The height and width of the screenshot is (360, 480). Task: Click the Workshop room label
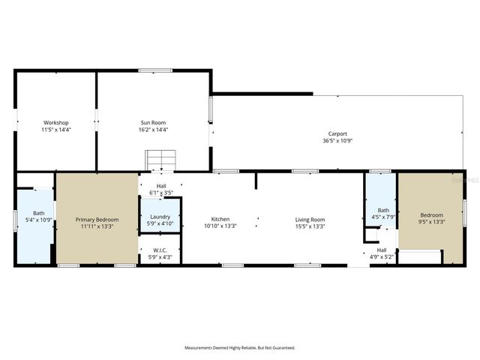tap(55, 122)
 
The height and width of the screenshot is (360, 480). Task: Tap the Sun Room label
tap(154, 122)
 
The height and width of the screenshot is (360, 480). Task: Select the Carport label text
tap(337, 133)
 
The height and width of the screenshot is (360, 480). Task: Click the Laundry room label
tap(160, 217)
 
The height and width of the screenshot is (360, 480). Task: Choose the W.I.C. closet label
tap(160, 250)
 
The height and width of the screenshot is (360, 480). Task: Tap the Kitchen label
tap(220, 219)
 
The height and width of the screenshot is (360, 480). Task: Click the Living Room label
tap(310, 219)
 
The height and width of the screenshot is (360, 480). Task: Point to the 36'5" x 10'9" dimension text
tap(337, 140)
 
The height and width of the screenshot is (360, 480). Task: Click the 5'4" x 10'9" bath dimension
tap(38, 220)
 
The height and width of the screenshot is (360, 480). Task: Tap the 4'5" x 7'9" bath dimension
tap(383, 217)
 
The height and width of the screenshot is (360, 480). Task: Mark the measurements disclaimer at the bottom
tap(240, 347)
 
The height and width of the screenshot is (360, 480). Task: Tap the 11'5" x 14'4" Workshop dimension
tap(55, 129)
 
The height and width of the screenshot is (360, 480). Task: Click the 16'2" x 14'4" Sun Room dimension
tap(154, 129)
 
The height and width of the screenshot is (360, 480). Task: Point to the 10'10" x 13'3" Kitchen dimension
tap(220, 226)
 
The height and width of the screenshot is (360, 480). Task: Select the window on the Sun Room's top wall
tap(155, 70)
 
